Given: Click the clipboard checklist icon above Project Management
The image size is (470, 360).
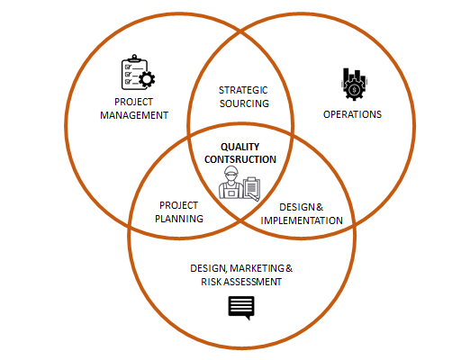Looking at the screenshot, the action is (x=138, y=72).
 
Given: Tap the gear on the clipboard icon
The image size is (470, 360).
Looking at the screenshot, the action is (x=147, y=79).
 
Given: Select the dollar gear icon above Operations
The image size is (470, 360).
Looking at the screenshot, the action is (x=355, y=84).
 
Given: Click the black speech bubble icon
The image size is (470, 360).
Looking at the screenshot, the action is (x=241, y=308).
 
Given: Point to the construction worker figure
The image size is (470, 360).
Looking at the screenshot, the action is (x=230, y=182).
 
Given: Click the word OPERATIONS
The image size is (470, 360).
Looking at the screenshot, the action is (x=352, y=114).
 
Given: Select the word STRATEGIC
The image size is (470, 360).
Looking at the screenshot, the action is (x=243, y=90).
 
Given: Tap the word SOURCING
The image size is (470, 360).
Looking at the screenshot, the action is (x=244, y=103).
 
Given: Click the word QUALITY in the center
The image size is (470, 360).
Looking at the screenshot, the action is (x=240, y=147).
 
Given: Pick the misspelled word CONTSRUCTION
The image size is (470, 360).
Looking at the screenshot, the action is (x=240, y=159).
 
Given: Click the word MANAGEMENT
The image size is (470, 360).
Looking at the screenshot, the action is (x=134, y=115).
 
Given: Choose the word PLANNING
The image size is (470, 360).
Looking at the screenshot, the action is (x=179, y=219).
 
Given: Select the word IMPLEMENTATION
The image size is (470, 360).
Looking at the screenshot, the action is (x=302, y=220).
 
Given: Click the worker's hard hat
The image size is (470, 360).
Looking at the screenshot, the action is (x=231, y=170).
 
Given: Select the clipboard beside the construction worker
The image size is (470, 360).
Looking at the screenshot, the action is (x=252, y=188).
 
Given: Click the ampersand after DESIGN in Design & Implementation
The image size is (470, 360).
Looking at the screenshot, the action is (x=320, y=207).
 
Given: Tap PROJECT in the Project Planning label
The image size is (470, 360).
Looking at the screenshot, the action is (x=178, y=205).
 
